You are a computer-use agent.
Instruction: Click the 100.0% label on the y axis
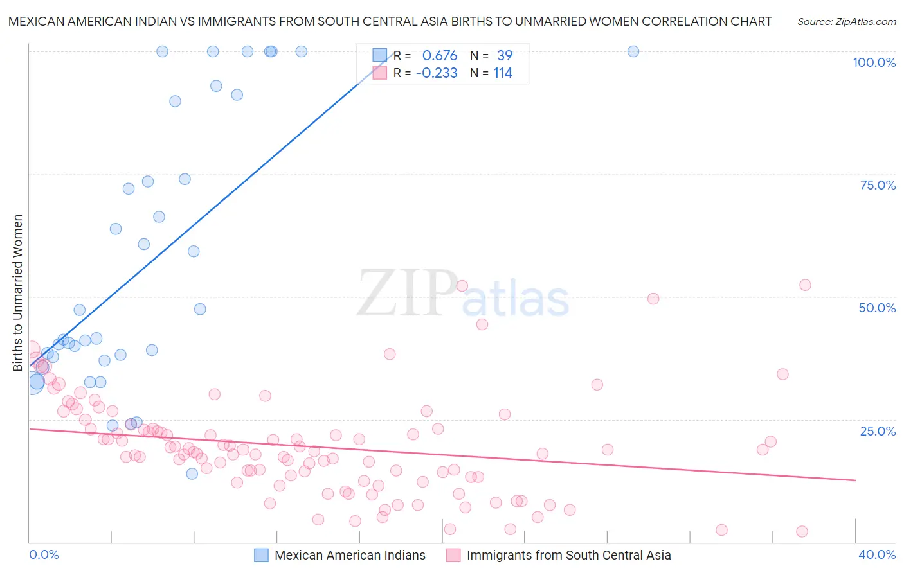[874, 62]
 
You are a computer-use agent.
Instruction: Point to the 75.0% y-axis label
[878, 185]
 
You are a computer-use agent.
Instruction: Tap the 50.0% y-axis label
[877, 308]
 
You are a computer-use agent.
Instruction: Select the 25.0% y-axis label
[878, 431]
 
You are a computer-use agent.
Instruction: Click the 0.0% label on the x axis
[44, 554]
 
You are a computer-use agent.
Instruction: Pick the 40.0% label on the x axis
[877, 554]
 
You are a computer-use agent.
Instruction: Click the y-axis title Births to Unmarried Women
[17, 293]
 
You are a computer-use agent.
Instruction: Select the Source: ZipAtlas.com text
[846, 22]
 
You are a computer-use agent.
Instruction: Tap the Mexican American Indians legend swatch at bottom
[261, 555]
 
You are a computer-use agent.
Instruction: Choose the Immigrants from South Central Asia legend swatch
[453, 555]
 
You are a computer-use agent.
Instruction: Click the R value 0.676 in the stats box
[440, 56]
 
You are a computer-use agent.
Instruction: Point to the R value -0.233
[437, 73]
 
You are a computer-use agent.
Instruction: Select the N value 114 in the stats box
[503, 73]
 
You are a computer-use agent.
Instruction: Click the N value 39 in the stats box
[505, 56]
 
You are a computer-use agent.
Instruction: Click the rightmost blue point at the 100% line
[633, 51]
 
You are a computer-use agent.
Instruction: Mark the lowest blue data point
[192, 473]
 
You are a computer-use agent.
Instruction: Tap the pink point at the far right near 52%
[805, 285]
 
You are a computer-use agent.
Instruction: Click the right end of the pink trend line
[855, 480]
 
